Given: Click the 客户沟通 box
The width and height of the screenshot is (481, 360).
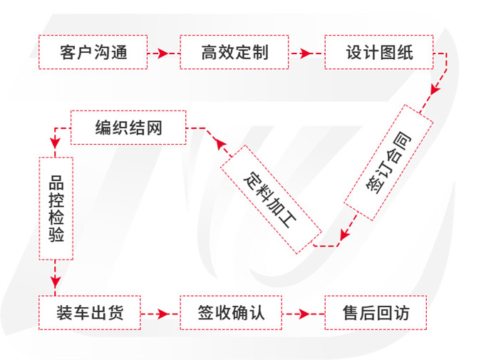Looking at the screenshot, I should (93, 52).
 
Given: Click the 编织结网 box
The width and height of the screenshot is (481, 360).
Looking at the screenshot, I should (128, 128).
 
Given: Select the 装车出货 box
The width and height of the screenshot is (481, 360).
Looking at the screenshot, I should (90, 312).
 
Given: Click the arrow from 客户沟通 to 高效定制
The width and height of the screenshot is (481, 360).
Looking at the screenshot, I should (163, 52).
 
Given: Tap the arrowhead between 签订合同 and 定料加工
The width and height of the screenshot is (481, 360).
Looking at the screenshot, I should (343, 235).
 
